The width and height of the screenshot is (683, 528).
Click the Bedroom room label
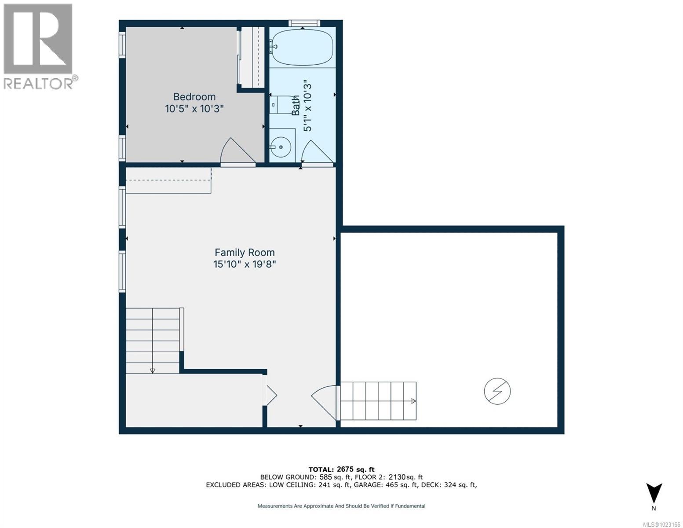click(x=194, y=97)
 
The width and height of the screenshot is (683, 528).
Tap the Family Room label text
click(x=245, y=253)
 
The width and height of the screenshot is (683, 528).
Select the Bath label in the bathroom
click(x=296, y=106)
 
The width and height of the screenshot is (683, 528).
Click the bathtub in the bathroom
click(x=302, y=47)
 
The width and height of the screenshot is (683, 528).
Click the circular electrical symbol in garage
click(x=497, y=391)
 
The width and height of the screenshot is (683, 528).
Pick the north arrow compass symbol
click(x=654, y=494)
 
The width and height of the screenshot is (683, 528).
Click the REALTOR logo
click(x=39, y=46)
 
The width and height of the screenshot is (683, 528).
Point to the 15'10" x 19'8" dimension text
click(x=245, y=264)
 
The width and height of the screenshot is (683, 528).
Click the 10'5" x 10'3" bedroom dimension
click(x=194, y=109)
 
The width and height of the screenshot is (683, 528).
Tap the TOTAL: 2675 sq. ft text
click(x=342, y=469)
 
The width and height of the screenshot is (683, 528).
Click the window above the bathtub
click(x=304, y=23)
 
